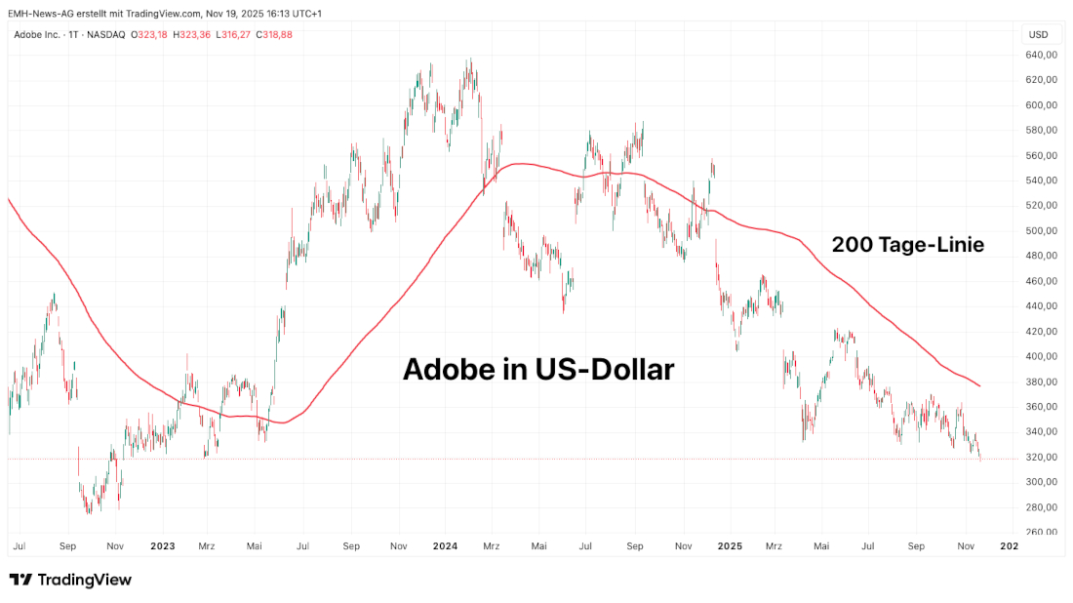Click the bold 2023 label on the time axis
tap(162, 547)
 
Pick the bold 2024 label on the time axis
tap(445, 547)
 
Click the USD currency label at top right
tap(1038, 34)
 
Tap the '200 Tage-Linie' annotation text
tap(907, 245)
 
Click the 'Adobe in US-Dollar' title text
tap(538, 370)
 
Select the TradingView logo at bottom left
tap(70, 580)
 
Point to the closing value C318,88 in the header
tap(272, 34)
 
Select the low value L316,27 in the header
tap(230, 34)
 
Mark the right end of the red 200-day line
tap(980, 386)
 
